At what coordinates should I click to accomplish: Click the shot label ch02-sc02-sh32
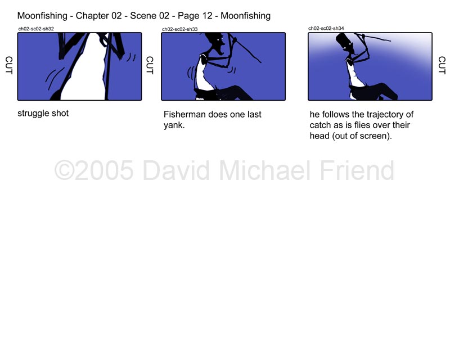click(36, 29)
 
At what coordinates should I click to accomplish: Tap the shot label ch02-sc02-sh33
click(179, 29)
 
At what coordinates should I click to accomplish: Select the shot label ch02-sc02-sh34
click(326, 28)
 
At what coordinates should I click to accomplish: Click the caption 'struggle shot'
click(43, 114)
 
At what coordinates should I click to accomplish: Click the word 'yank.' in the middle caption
click(174, 125)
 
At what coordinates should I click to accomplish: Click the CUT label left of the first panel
click(9, 65)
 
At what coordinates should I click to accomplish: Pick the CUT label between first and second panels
click(150, 65)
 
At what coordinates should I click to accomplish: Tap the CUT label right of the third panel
click(442, 65)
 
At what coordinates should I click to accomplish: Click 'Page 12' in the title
click(195, 16)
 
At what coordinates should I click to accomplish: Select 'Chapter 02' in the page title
click(99, 16)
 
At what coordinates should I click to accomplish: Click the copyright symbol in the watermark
click(64, 170)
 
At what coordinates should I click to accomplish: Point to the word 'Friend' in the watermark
click(357, 170)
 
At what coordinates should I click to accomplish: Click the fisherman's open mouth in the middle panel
click(220, 49)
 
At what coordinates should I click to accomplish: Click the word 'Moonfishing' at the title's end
click(246, 16)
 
